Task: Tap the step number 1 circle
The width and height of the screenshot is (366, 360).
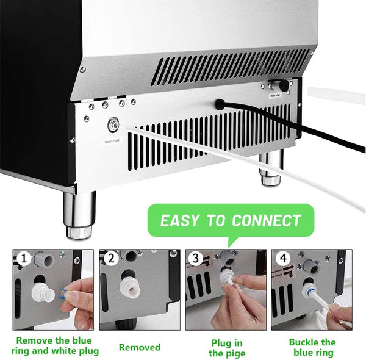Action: tap(24, 259)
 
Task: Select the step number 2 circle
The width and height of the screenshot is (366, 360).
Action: tap(110, 259)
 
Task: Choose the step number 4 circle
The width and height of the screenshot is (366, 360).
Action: tap(281, 259)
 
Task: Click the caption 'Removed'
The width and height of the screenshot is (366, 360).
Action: tap(139, 347)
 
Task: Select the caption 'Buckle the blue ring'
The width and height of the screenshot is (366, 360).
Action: tap(312, 348)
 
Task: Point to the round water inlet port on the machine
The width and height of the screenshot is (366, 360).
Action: tap(113, 126)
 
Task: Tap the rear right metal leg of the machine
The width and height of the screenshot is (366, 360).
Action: tap(268, 170)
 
